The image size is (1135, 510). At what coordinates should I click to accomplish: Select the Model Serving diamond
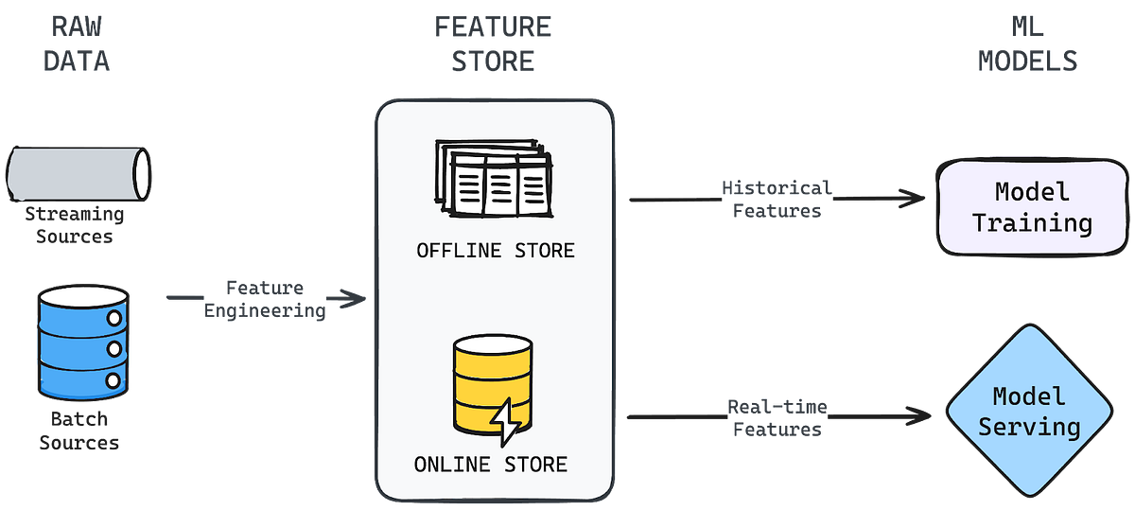point(1029,412)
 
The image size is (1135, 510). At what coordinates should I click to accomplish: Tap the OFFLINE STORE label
point(495,251)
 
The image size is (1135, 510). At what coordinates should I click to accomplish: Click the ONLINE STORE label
point(490,465)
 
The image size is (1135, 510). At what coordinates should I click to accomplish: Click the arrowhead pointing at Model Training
point(913,198)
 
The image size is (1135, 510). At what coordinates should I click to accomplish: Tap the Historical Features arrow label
point(777,199)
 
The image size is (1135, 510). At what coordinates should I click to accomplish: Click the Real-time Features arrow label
point(777,417)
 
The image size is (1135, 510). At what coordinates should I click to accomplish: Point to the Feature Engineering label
point(266,298)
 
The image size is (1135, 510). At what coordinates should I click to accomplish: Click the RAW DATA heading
point(78,44)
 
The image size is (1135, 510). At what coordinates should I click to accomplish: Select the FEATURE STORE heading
point(493,44)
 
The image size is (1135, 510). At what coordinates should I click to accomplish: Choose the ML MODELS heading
point(1029,44)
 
